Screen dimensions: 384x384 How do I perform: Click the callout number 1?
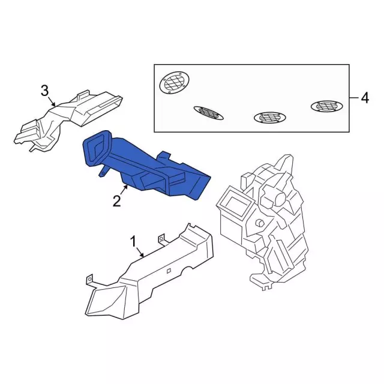click(133, 242)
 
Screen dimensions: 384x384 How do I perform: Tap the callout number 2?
click(117, 201)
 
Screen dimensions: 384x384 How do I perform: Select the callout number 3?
click(44, 91)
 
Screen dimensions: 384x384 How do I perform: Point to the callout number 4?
click(365, 98)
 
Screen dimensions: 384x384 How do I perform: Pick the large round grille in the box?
click(175, 83)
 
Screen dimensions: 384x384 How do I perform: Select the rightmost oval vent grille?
click(326, 106)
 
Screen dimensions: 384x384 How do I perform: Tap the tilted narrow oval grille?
click(208, 113)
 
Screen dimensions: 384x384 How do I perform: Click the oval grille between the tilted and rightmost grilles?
click(269, 118)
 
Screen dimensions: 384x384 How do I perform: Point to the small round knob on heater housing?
click(259, 223)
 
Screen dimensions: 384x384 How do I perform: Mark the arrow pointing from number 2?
click(124, 191)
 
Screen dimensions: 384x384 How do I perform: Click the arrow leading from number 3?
click(52, 102)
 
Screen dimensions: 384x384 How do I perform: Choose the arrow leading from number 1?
click(140, 252)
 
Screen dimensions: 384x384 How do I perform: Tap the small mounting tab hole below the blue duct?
click(103, 173)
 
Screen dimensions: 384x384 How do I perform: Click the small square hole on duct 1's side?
click(169, 271)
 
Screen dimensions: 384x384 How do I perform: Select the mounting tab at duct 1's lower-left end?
click(89, 280)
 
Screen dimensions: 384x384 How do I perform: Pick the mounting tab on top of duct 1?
click(161, 239)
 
